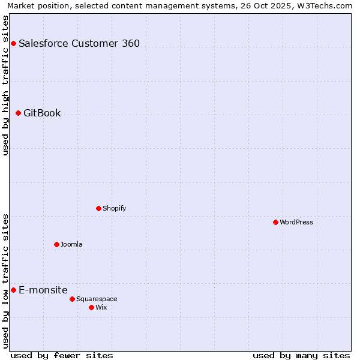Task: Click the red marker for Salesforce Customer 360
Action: coord(13,43)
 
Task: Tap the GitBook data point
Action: coord(18,113)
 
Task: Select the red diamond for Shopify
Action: coord(98,208)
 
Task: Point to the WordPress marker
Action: coord(275,222)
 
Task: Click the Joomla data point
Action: coord(56,244)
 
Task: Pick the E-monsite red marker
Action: coord(13,290)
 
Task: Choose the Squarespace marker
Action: coord(72,299)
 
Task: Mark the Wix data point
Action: coord(91,307)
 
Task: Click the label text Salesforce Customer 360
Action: coord(79,43)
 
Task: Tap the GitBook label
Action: coord(42,113)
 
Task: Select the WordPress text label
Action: coord(296,222)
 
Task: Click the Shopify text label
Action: coord(114,208)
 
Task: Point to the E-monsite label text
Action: coord(43,290)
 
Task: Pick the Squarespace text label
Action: coord(97,299)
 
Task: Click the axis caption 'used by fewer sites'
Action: coord(62,355)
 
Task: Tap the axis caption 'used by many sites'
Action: coord(301,355)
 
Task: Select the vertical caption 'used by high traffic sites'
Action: coord(6,85)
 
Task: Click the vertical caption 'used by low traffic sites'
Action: coord(6,281)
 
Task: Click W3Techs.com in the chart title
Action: coord(327,6)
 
